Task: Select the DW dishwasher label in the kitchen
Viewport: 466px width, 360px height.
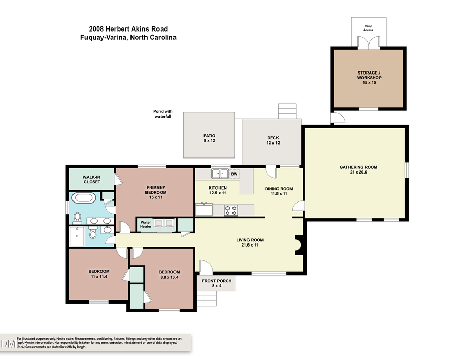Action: pyautogui.click(x=234, y=174)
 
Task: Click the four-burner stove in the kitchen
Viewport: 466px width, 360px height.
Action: pyautogui.click(x=231, y=210)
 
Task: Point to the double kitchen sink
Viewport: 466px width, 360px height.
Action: pyautogui.click(x=220, y=174)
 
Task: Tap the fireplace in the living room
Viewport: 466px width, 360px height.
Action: pyautogui.click(x=299, y=244)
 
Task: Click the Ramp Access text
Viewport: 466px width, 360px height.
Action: pyautogui.click(x=369, y=28)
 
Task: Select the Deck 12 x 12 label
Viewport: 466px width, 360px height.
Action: pyautogui.click(x=273, y=140)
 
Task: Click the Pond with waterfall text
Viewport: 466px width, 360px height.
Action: pyautogui.click(x=163, y=114)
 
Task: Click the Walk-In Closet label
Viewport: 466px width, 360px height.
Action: pyautogui.click(x=92, y=179)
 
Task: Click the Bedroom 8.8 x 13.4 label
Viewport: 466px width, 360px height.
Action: pyautogui.click(x=169, y=275)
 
